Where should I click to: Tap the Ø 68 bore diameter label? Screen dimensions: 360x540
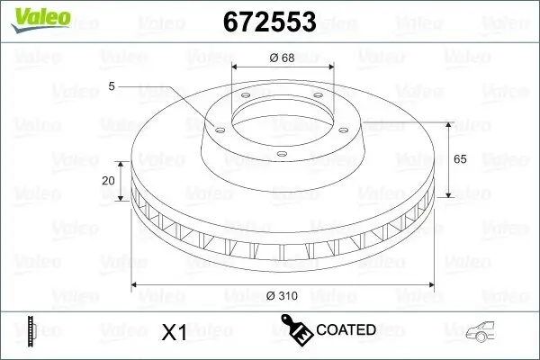tap(283, 58)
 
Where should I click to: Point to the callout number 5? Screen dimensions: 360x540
tap(111, 86)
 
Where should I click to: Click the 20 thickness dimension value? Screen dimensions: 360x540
tap(109, 180)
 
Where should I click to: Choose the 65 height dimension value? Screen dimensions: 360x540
tap(458, 158)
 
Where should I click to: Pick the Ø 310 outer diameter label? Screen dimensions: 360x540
tap(283, 295)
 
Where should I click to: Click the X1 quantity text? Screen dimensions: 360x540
tap(173, 332)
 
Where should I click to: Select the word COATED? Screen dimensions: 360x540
tap(346, 330)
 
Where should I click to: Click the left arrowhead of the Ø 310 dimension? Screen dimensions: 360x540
tap(136, 285)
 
